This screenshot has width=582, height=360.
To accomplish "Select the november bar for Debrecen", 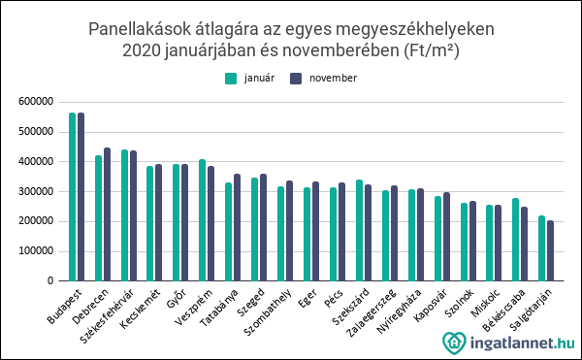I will point(107,214).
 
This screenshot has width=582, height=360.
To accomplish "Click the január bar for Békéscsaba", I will point(516,240).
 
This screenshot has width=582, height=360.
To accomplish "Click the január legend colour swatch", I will point(230,78).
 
